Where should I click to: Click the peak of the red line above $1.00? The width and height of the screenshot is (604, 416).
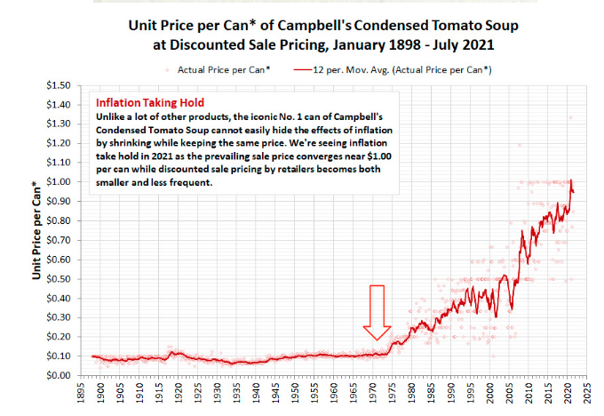pyautogui.click(x=570, y=180)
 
